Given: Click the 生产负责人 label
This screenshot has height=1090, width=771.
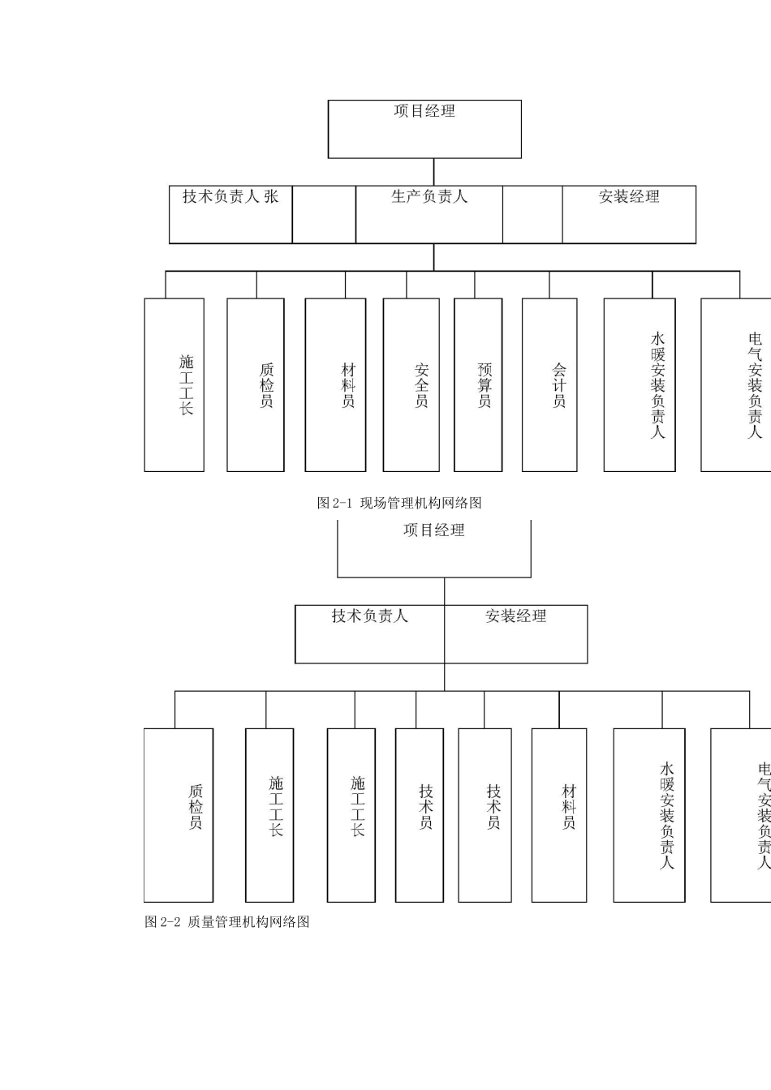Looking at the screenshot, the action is point(429,197).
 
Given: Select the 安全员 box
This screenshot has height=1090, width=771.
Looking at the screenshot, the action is point(411,385).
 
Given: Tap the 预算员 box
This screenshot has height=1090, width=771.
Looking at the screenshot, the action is point(478,385).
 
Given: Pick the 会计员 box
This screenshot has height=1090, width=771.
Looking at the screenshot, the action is point(549,385).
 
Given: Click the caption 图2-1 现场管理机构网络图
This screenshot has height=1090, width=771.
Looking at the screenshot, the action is point(399,503).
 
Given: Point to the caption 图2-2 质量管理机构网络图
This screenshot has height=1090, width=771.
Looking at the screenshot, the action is point(227,922).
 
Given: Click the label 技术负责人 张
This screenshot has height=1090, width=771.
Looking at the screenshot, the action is point(230,197).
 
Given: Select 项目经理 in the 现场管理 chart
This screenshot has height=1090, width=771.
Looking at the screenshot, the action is point(424,112).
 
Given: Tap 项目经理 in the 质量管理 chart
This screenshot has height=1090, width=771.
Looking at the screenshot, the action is point(434,531).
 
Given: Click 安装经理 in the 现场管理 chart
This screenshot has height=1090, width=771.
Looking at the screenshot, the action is point(629,197).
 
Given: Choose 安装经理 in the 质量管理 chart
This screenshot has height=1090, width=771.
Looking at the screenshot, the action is point(516,617).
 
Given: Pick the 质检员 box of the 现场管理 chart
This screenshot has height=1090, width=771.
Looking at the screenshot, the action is point(256,385).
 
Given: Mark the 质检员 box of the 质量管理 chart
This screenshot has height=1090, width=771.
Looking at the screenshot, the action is point(179,814).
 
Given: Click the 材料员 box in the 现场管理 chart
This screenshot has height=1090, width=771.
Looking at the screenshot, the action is point(335,385).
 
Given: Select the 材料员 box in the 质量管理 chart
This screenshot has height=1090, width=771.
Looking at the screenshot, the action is point(559,814).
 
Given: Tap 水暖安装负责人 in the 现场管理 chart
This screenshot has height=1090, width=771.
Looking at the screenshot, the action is point(640,385).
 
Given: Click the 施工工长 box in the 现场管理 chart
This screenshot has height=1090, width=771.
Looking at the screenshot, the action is point(174,385).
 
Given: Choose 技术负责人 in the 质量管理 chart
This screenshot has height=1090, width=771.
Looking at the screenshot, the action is point(369,617).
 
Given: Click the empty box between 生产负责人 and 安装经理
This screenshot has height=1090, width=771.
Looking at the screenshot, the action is point(532,215).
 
